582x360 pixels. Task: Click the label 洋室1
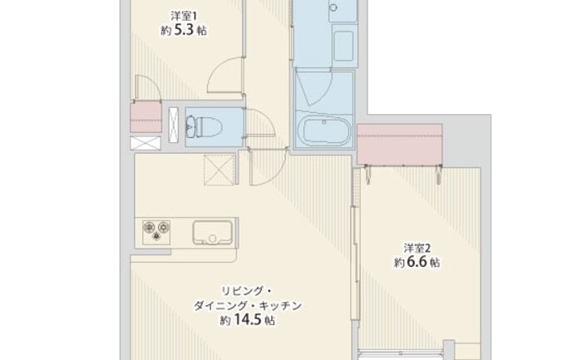pos(184,16)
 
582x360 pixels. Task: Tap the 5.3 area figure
pos(184,30)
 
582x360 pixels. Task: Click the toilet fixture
pos(204,126)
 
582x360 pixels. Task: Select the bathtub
pos(324,131)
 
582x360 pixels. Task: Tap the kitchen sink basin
pos(212,233)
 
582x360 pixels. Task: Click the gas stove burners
pos(156,232)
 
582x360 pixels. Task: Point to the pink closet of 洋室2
pos(400,145)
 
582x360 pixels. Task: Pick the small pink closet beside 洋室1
pos(145,116)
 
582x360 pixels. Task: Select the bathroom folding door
pos(315,87)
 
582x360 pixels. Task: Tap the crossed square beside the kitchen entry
pos(219,170)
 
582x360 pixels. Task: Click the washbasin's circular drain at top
pos(333,7)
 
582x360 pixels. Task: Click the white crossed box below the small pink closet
pos(145,143)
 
